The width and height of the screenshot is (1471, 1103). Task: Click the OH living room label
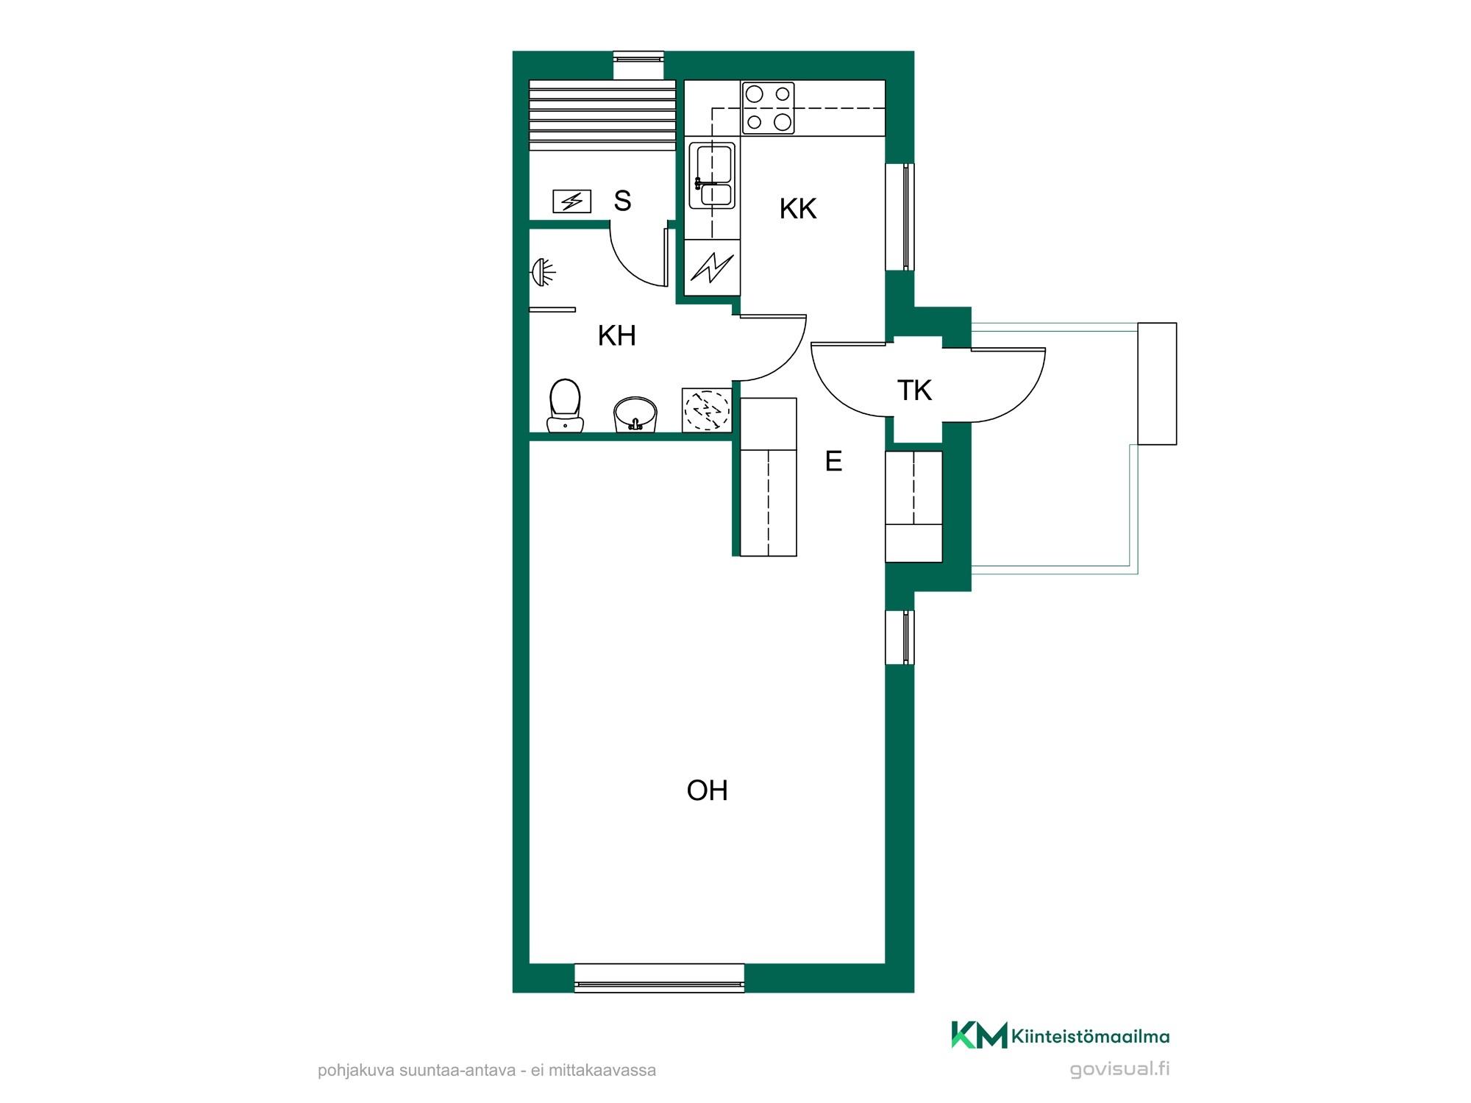pyautogui.click(x=707, y=790)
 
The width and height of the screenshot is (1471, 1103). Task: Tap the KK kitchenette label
pyautogui.click(x=798, y=209)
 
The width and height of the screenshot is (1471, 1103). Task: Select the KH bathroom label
pyautogui.click(x=616, y=335)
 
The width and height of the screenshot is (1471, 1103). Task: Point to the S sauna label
pyautogui.click(x=622, y=201)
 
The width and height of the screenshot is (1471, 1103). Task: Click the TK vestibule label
pyautogui.click(x=914, y=390)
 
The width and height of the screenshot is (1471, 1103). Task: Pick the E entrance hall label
pyautogui.click(x=833, y=461)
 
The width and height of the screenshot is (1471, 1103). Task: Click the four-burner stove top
pyautogui.click(x=768, y=108)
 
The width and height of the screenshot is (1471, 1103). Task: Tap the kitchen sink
pyautogui.click(x=712, y=176)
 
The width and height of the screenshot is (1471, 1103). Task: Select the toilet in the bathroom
pyautogui.click(x=565, y=406)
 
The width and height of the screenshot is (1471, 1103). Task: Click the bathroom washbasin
pyautogui.click(x=635, y=415)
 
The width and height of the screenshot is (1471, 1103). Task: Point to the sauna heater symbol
pyautogui.click(x=571, y=201)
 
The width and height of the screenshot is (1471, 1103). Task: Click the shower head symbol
pyautogui.click(x=543, y=272)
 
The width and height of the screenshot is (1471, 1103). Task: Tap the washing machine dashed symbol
pyautogui.click(x=707, y=410)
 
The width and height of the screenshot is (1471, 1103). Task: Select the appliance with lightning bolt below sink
pyautogui.click(x=712, y=268)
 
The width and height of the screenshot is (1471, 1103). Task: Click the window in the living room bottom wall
pyautogui.click(x=659, y=978)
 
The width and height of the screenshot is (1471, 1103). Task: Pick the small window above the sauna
pyautogui.click(x=638, y=65)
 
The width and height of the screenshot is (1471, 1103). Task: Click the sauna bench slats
pyautogui.click(x=602, y=115)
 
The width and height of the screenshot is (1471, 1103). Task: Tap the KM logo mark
pyautogui.click(x=979, y=1035)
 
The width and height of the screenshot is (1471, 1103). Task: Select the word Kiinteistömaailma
pyautogui.click(x=1091, y=1036)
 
